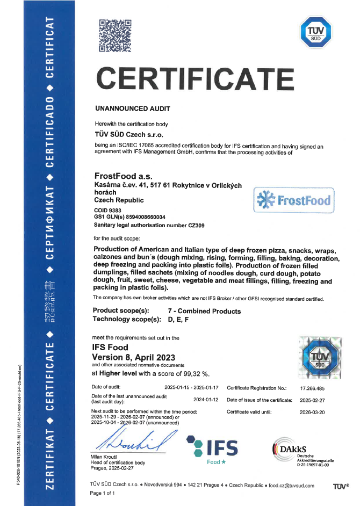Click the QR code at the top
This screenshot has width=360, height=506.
coord(115,35)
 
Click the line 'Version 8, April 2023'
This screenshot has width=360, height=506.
coord(134,357)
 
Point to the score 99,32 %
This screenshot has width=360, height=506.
coord(194,373)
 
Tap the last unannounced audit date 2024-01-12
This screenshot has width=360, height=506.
coord(207,400)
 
